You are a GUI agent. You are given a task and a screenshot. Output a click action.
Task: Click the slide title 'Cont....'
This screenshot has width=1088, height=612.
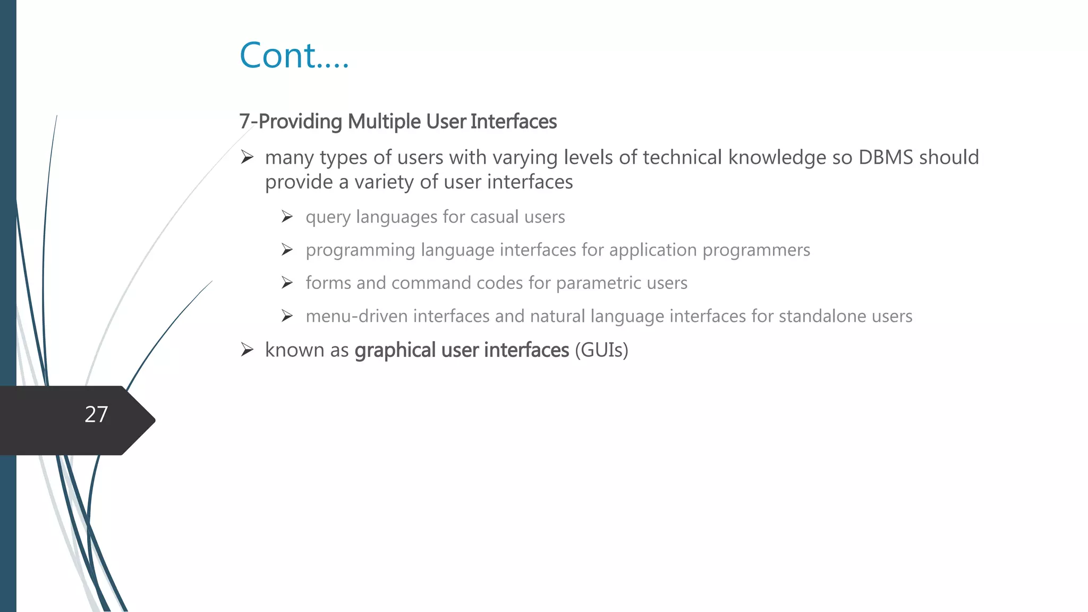tap(294, 55)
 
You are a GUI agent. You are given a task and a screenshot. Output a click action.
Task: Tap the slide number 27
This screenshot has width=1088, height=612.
tap(96, 414)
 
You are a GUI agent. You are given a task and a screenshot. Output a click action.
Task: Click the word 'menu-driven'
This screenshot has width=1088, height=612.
tap(356, 316)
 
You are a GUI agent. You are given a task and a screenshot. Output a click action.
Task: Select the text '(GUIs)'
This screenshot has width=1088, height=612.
tap(601, 350)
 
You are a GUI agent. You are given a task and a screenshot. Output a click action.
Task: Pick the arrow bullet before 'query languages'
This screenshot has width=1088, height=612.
tap(287, 217)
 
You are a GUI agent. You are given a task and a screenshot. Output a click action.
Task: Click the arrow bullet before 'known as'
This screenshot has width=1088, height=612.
tap(247, 350)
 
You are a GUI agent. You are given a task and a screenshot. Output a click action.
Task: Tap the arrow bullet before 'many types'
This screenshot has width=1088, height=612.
tap(247, 157)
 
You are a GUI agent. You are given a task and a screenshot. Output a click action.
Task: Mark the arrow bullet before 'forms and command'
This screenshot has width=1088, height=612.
tap(287, 283)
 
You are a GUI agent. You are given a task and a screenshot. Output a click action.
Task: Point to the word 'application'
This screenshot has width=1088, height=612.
tap(653, 250)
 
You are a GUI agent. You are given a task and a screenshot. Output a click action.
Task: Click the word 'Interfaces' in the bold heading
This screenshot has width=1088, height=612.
tap(513, 122)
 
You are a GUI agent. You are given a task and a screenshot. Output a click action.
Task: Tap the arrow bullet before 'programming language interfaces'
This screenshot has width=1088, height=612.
tap(287, 250)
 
